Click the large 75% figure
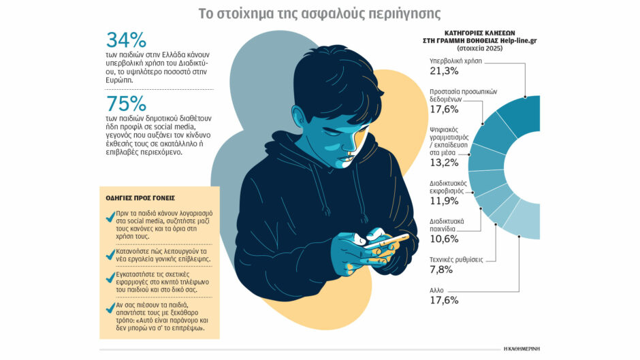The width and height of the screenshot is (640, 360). coord(127,105)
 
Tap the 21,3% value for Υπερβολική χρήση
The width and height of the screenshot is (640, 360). coord(444,71)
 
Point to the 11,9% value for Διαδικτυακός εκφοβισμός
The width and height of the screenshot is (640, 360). coord(444,201)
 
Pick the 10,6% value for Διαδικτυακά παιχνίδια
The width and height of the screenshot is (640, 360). coord(444,240)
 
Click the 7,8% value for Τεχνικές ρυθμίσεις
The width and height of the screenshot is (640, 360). coord(441,270)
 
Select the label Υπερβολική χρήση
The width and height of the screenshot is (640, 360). coord(455,61)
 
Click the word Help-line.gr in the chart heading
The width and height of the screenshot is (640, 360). coord(511,40)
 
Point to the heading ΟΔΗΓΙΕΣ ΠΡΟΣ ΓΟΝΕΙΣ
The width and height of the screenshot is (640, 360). coord(140,198)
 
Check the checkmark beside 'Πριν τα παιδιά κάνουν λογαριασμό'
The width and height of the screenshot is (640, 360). coord(110,218)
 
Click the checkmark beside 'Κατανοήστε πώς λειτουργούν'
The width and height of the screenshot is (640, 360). coord(110,255)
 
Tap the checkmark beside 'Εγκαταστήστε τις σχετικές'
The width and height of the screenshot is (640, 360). coord(110,278)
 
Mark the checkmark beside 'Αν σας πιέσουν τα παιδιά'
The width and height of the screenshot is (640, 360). coord(110,308)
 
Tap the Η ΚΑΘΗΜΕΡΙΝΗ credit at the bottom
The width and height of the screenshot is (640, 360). coord(521,348)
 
